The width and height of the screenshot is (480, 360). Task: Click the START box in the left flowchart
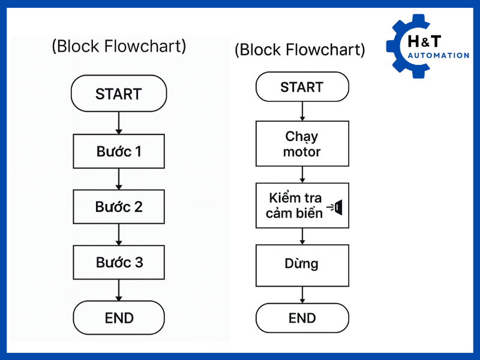point(119,94)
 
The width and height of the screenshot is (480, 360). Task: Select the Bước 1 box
point(119,151)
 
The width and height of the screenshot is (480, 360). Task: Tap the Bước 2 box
point(119,207)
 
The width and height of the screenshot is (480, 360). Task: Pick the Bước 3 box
point(119,262)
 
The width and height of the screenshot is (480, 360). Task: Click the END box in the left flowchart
point(119,317)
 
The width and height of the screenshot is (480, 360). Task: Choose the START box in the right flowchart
point(302,88)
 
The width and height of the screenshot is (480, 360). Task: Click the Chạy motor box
point(302,144)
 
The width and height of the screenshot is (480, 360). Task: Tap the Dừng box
point(302,264)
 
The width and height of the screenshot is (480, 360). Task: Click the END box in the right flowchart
point(302,317)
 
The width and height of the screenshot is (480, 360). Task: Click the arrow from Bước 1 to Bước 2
point(119,179)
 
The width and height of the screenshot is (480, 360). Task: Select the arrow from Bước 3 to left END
point(119,290)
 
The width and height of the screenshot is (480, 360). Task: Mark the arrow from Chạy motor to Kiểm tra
point(302,175)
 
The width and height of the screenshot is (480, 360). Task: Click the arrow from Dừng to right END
point(302,295)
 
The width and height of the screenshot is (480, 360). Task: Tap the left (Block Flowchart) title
point(119,46)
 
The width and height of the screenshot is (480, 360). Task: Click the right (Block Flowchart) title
point(299,49)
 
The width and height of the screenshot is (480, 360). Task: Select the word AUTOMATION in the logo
point(438,55)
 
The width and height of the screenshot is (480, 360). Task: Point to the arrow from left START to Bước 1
point(119,123)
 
